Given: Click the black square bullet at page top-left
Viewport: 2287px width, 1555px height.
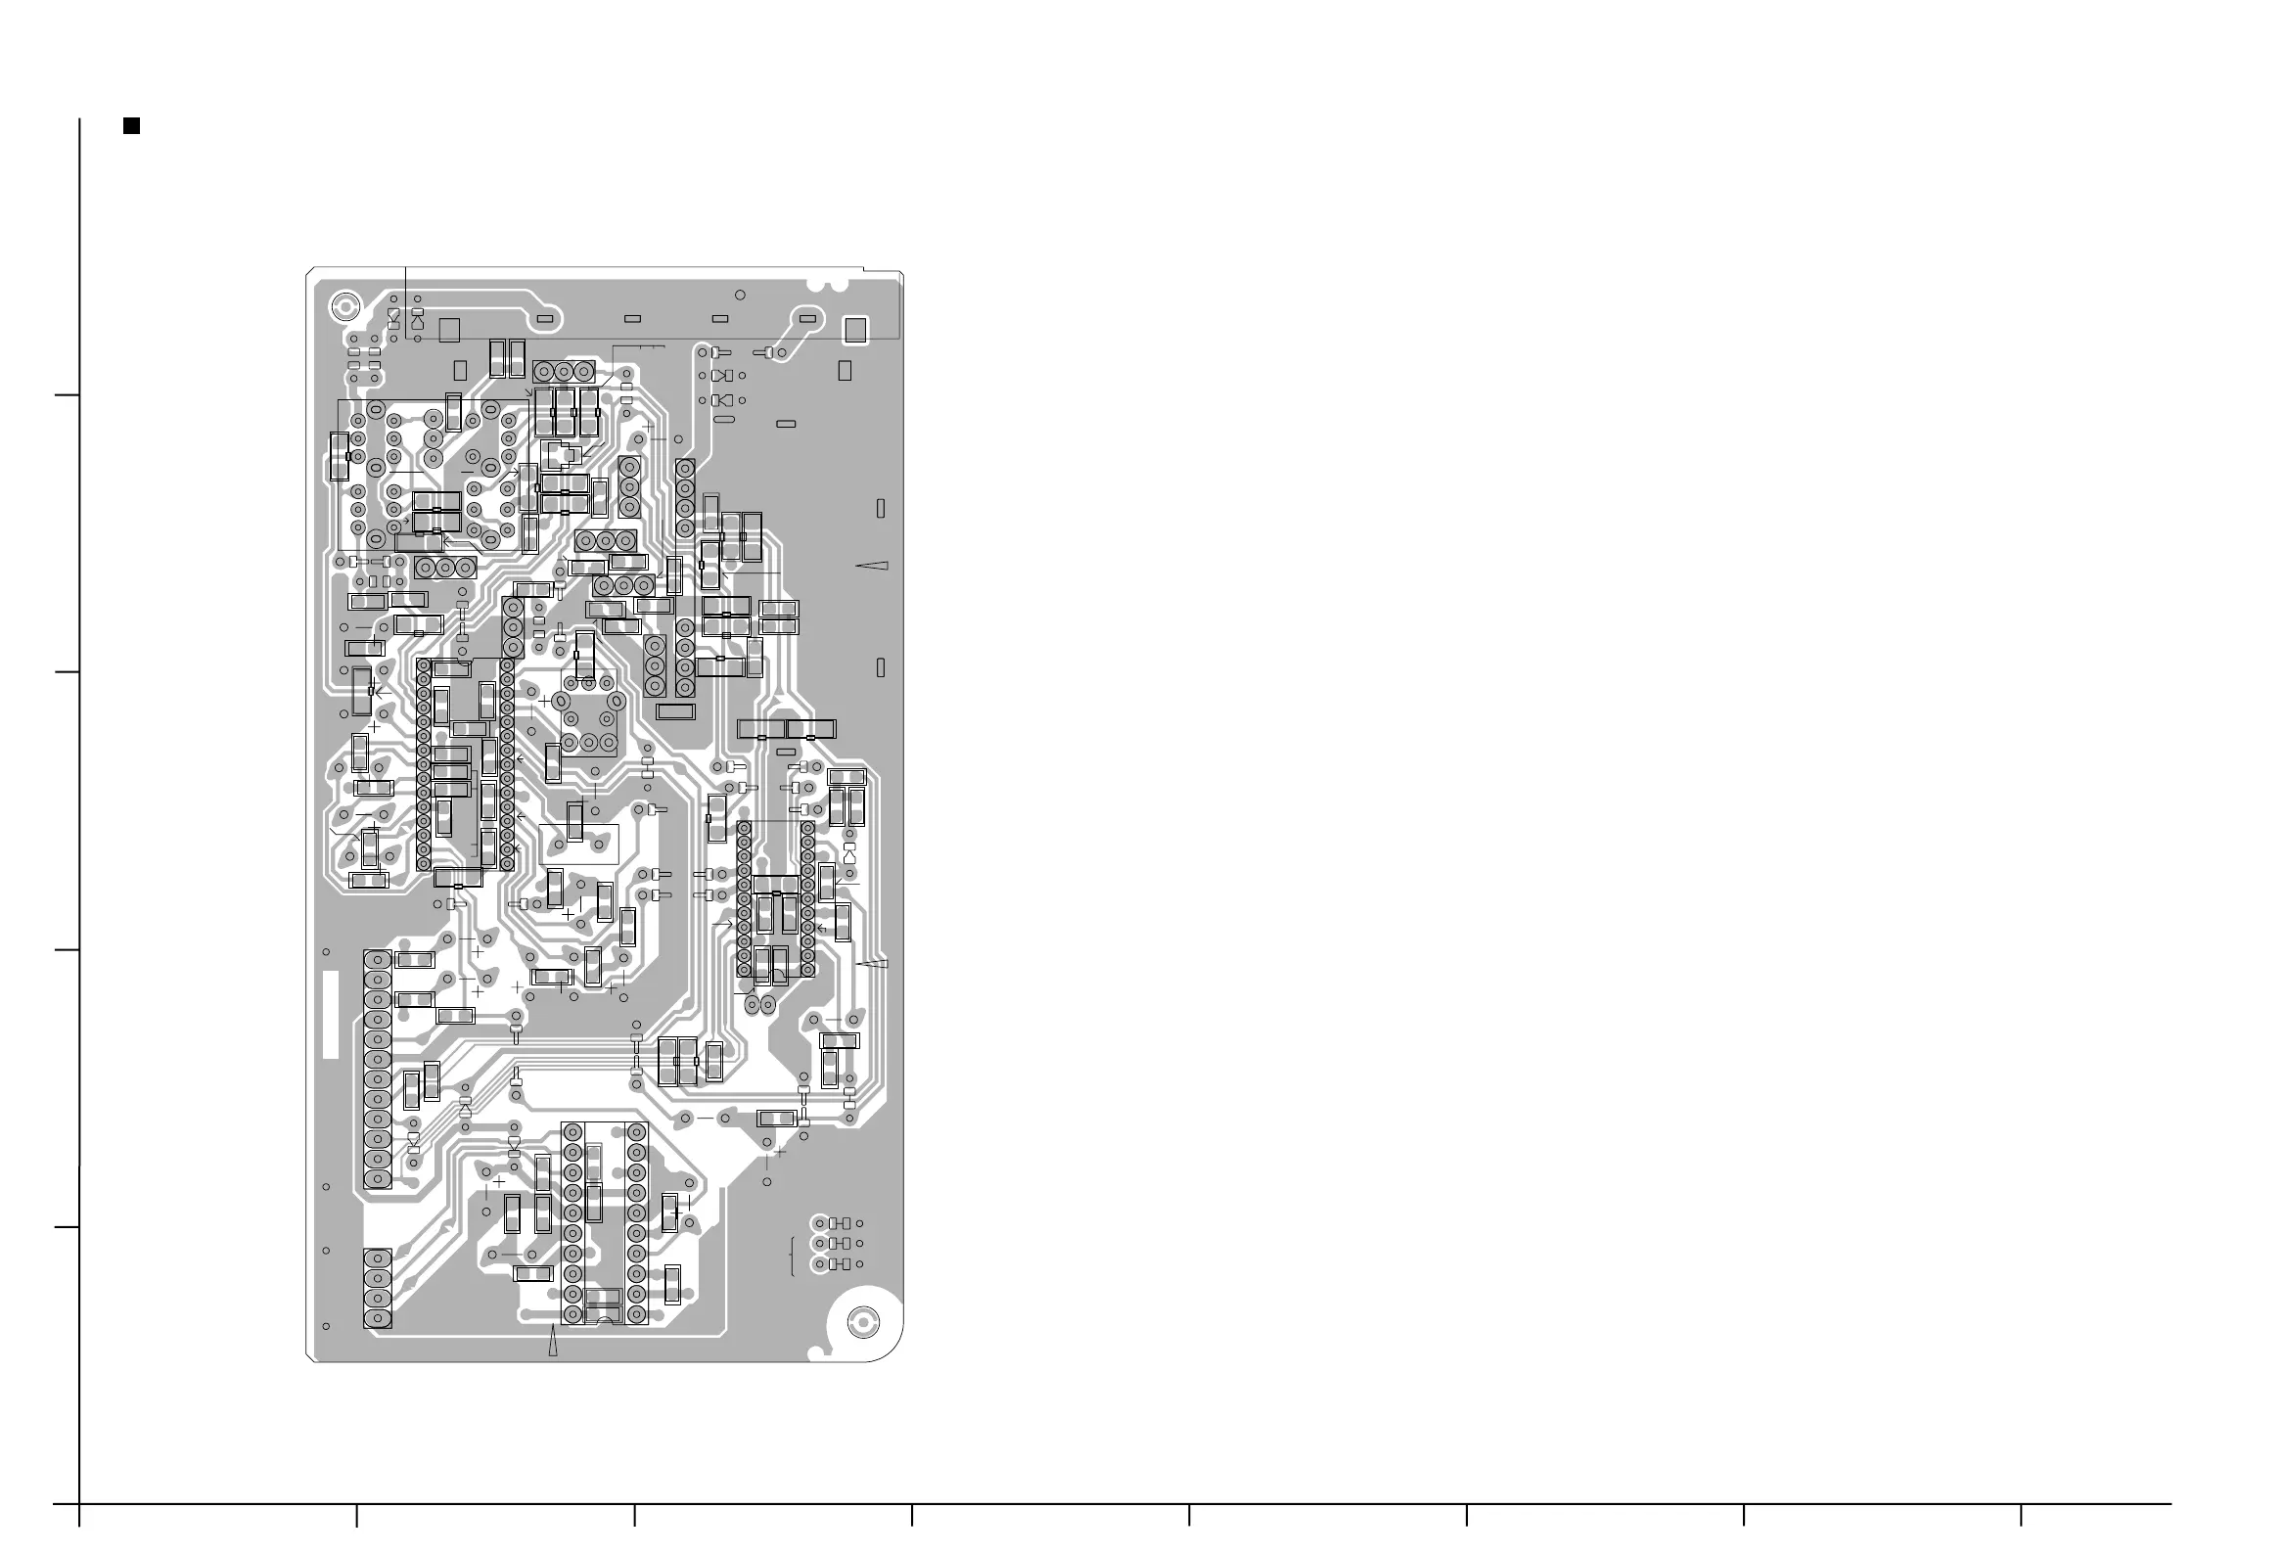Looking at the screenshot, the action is tap(131, 125).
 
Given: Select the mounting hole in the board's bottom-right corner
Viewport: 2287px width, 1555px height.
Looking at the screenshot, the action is tap(863, 1323).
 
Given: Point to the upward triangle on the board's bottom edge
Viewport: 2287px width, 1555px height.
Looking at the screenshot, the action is tap(553, 1341).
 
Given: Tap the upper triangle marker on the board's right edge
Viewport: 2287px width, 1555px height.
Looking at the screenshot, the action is tap(873, 565).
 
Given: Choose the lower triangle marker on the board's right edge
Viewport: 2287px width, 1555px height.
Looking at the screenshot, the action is tap(874, 963).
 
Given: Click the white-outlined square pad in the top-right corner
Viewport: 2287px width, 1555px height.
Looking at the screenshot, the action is tap(856, 330).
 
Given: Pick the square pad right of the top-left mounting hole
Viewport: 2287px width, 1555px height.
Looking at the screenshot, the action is tap(450, 330).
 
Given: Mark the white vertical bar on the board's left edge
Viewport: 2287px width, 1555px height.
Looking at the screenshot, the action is tap(331, 1015).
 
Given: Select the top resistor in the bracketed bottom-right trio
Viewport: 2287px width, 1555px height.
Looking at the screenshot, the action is tap(840, 1223).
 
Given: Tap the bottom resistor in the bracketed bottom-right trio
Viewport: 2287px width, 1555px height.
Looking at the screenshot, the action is tap(840, 1263).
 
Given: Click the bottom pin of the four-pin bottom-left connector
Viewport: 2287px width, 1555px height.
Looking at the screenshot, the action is tap(377, 1319).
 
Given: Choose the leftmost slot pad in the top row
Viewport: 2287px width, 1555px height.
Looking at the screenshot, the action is tap(547, 318).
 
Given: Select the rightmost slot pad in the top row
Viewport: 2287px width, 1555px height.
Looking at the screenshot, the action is tap(808, 318).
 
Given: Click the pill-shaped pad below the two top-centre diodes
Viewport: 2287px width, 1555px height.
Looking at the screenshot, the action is tap(723, 420).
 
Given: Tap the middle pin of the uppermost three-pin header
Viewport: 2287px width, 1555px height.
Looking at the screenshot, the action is tap(564, 371).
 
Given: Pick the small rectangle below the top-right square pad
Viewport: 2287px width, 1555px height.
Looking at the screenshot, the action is tap(845, 370).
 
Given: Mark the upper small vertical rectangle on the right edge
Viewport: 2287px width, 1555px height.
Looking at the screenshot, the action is tap(881, 508).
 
